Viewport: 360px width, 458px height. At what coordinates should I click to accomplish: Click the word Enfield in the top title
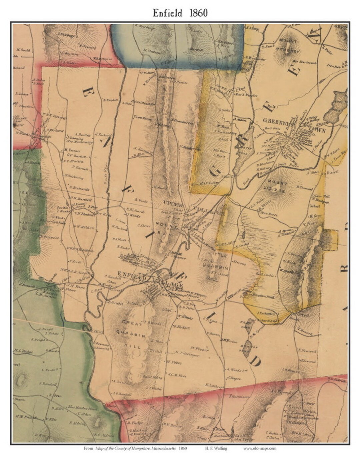click(167, 13)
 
